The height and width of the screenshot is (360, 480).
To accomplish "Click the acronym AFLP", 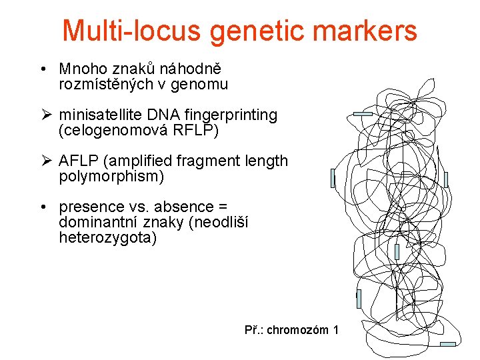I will point(79,161).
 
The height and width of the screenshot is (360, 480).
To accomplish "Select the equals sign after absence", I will point(232,207).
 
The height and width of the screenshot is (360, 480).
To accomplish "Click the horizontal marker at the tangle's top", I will point(363,115).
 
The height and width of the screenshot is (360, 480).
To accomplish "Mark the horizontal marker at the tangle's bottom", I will point(448,344).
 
